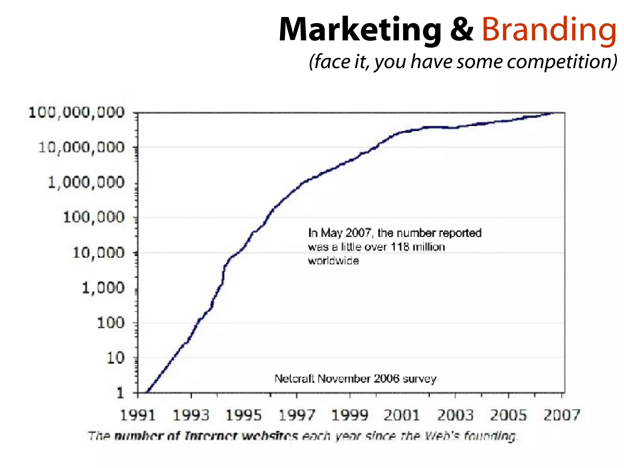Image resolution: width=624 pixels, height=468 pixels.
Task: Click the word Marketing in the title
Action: pyautogui.click(x=360, y=30)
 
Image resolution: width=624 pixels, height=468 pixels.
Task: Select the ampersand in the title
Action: pyautogui.click(x=462, y=30)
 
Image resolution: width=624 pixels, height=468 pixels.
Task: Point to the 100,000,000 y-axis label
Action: pyautogui.click(x=77, y=112)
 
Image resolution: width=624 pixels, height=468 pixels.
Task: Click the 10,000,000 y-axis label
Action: pyautogui.click(x=82, y=147)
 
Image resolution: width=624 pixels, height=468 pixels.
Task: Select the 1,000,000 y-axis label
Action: pyautogui.click(x=87, y=183)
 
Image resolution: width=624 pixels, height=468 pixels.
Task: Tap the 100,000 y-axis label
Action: pyautogui.click(x=94, y=218)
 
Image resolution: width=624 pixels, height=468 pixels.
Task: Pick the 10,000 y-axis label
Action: pyautogui.click(x=99, y=253)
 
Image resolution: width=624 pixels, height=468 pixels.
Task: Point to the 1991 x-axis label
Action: pyautogui.click(x=138, y=415)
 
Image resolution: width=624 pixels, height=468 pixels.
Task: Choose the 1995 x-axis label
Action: pyautogui.click(x=244, y=415)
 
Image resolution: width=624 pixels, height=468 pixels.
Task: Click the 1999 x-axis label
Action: pyautogui.click(x=349, y=415)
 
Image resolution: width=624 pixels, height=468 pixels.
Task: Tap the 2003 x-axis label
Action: pyautogui.click(x=456, y=415)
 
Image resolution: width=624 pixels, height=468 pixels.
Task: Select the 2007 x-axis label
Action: pyautogui.click(x=562, y=415)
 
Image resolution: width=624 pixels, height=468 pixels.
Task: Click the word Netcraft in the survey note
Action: pyautogui.click(x=294, y=379)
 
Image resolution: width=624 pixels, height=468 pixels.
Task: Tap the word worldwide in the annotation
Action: pyautogui.click(x=333, y=261)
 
